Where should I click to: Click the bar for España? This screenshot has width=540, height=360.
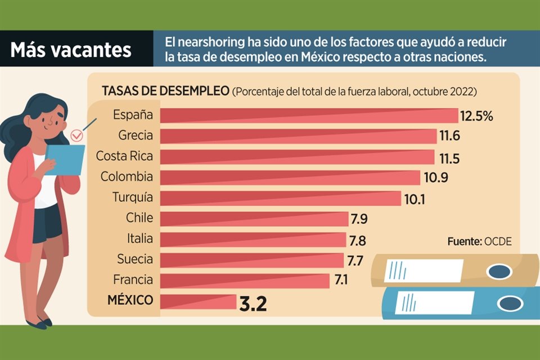(x=309, y=115)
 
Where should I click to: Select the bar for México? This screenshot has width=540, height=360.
(x=198, y=301)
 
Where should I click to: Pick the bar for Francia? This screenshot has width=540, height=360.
(x=245, y=280)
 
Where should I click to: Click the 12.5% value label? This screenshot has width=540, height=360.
(x=476, y=116)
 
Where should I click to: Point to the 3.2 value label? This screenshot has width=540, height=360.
(x=253, y=304)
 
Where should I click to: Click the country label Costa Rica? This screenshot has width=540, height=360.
(x=124, y=155)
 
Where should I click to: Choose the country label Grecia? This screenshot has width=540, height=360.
(x=136, y=135)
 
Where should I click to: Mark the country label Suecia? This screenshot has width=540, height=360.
(x=135, y=259)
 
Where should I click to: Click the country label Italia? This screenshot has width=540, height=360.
(x=139, y=238)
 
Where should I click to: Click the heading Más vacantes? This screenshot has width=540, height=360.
(x=71, y=50)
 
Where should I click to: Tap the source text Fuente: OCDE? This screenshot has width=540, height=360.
(x=480, y=241)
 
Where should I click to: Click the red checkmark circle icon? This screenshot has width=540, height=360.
(x=78, y=135)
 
